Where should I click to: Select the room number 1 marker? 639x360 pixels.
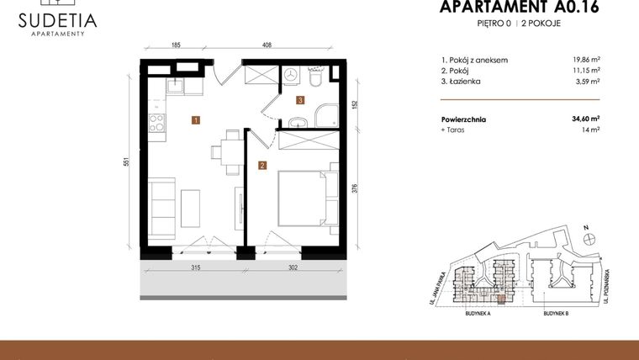pos(195,120)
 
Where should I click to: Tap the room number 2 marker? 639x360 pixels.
pos(262,165)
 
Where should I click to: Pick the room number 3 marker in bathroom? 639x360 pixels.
pos(299,100)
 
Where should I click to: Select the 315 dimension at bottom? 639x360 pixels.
pos(195,268)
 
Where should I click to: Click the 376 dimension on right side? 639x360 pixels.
pos(354,190)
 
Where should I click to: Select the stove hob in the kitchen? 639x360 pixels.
pos(156,123)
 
